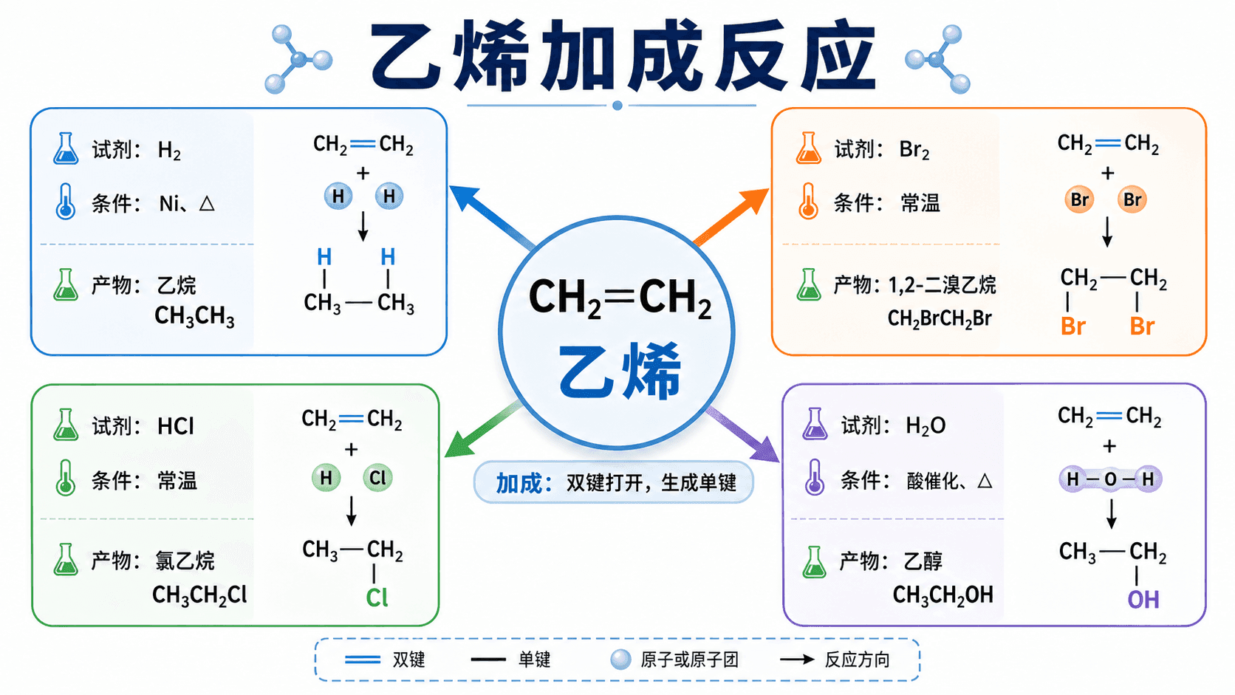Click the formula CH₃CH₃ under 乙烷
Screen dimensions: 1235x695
[194, 316]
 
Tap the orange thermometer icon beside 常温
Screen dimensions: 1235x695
[808, 201]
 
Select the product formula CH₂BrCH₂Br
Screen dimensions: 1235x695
[940, 318]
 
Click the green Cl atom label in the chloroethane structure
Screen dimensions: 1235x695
[377, 597]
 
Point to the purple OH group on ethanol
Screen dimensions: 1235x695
[1143, 600]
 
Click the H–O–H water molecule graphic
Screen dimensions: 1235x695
[1110, 479]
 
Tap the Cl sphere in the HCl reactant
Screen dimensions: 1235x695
[377, 477]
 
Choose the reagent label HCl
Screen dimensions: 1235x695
[176, 426]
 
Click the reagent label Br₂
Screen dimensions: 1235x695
[914, 150]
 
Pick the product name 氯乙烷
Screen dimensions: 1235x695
[185, 561]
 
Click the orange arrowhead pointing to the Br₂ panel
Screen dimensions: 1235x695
[755, 200]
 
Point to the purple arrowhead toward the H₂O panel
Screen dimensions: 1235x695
[766, 448]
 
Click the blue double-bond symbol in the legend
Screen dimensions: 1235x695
[362, 660]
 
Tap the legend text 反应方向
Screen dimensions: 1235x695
[857, 660]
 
